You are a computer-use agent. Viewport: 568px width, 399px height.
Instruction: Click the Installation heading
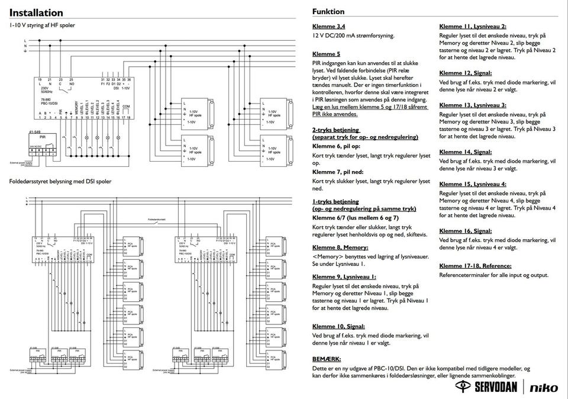pyautogui.click(x=36, y=12)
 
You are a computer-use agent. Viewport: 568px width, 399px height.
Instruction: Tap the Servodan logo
pyautogui.click(x=489, y=387)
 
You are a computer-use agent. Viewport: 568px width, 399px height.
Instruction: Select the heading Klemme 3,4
pyautogui.click(x=328, y=27)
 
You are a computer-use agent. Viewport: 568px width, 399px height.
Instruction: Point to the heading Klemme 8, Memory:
pyautogui.click(x=340, y=247)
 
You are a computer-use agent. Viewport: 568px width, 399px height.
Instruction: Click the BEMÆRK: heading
pyautogui.click(x=326, y=359)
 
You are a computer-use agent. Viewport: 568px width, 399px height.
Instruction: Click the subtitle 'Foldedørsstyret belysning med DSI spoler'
pyautogui.click(x=60, y=182)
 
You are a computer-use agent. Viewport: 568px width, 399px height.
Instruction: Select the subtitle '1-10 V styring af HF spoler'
pyautogui.click(x=42, y=25)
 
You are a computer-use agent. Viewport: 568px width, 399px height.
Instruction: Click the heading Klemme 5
pyautogui.click(x=326, y=54)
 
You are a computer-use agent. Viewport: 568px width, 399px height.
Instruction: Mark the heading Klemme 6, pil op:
pyautogui.click(x=336, y=146)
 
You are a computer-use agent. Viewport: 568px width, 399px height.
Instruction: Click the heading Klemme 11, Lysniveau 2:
pyautogui.click(x=473, y=27)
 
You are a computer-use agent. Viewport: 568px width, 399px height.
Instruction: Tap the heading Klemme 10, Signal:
pyautogui.click(x=338, y=326)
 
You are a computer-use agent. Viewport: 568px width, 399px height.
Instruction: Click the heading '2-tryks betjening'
pyautogui.click(x=335, y=130)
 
